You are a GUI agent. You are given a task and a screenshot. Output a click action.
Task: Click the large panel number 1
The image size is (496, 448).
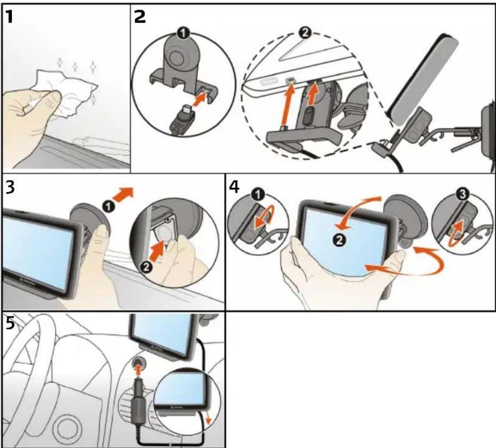point(9,17)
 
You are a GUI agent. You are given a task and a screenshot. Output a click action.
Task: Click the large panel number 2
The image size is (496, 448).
point(140,17)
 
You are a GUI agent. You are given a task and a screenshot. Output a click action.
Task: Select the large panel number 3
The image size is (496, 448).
point(11,187)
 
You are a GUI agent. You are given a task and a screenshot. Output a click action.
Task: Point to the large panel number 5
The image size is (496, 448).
point(11,323)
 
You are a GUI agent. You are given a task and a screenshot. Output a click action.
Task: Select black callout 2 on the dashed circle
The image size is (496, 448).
point(305,33)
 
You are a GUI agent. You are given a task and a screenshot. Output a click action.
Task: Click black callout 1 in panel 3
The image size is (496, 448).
point(108,207)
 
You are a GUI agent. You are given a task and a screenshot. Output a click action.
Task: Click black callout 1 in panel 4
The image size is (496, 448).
point(258,195)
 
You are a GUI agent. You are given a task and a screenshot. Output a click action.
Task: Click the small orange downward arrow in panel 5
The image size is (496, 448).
point(208,417)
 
